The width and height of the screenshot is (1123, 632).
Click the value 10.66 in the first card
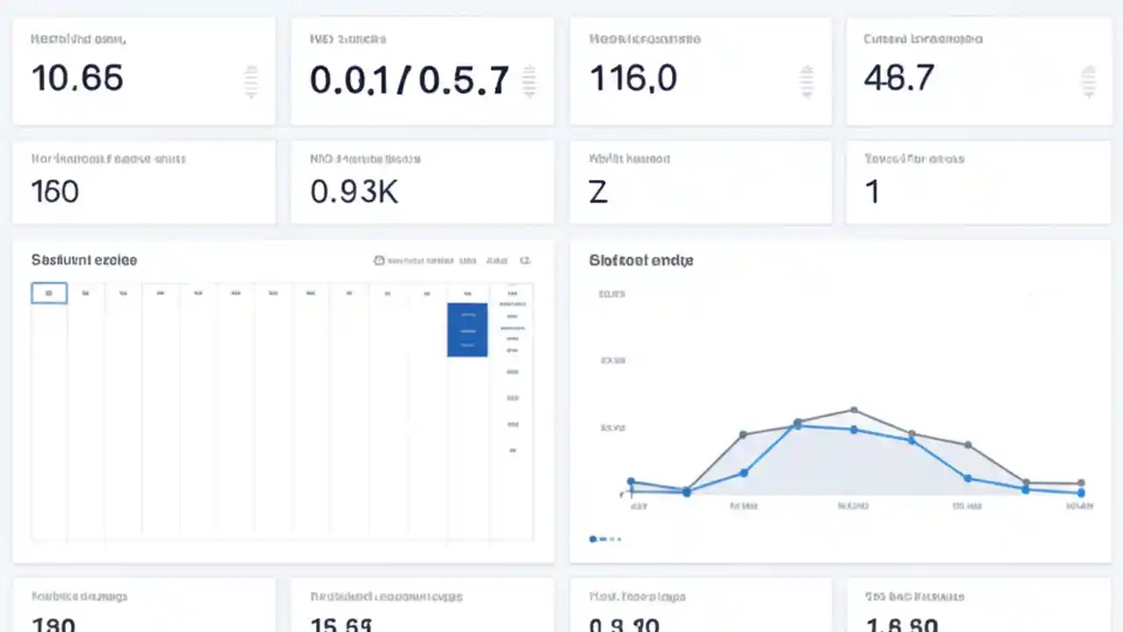click(77, 79)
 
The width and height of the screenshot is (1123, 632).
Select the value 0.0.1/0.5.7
click(409, 81)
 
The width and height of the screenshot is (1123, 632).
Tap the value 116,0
click(633, 79)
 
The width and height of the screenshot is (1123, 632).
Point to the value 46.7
click(898, 79)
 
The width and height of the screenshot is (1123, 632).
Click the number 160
click(54, 191)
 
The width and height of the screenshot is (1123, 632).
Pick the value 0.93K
click(354, 191)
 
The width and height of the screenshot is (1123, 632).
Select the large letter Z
click(598, 191)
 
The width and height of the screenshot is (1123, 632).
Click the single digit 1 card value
click(872, 191)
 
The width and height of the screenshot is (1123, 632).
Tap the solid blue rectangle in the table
click(467, 330)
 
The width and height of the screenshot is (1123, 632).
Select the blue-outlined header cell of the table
click(49, 293)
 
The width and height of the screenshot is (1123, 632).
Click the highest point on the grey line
click(854, 410)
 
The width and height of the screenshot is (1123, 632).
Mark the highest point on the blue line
click(798, 426)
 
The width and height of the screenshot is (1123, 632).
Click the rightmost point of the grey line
click(1081, 483)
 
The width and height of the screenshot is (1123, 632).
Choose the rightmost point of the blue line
click(1081, 492)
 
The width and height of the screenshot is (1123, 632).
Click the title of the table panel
click(84, 261)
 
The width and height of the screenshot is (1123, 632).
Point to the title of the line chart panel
click(641, 261)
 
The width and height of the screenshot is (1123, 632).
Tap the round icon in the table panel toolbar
click(379, 261)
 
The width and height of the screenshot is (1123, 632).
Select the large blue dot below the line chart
click(593, 538)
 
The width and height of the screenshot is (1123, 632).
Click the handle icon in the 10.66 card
click(251, 82)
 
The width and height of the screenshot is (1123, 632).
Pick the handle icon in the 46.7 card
click(1088, 82)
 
